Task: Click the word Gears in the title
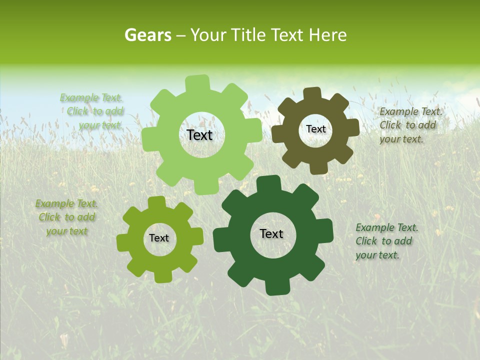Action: click(x=147, y=35)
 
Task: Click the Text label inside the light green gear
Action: click(x=199, y=135)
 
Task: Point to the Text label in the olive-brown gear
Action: click(x=315, y=129)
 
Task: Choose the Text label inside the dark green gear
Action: click(x=271, y=233)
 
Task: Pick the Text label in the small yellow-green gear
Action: click(x=159, y=238)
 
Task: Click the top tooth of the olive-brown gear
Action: click(x=312, y=93)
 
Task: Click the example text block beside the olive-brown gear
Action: click(x=410, y=125)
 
